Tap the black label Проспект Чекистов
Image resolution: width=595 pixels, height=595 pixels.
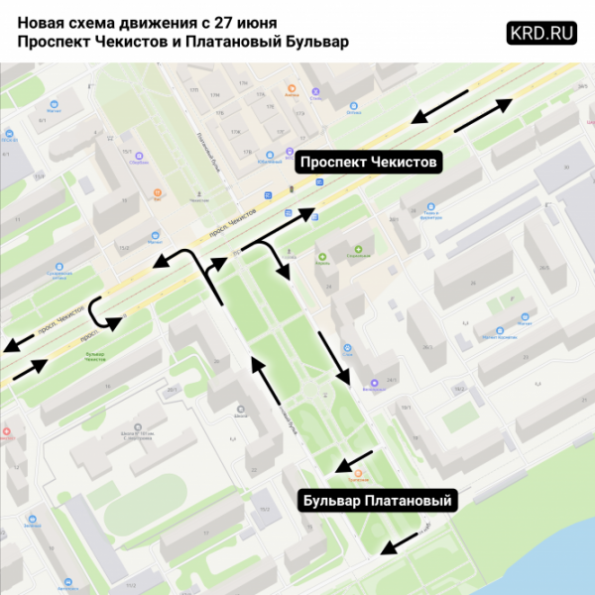pos(368,162)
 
